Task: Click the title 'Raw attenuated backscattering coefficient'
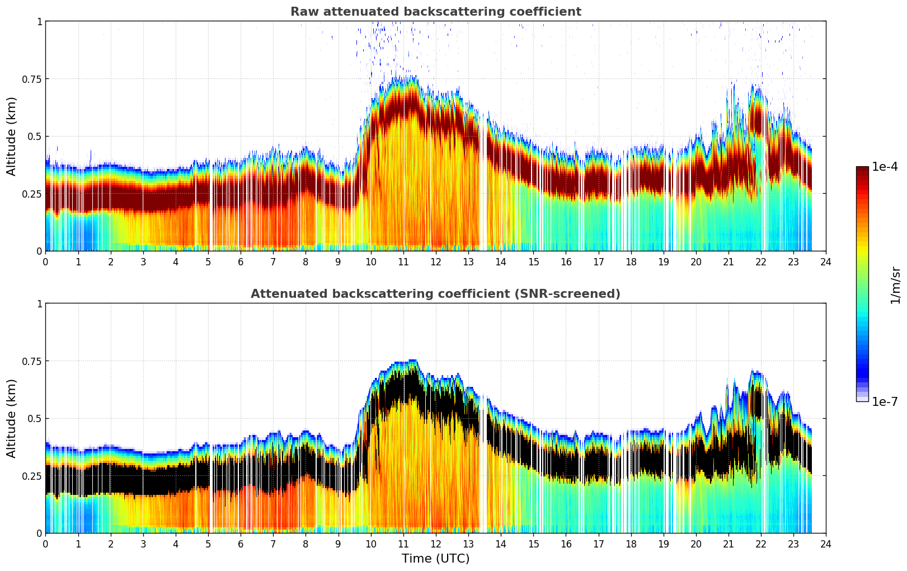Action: tap(435, 12)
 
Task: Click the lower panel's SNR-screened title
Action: tap(435, 294)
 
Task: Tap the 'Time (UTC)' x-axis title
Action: tap(435, 559)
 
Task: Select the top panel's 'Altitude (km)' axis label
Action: tap(12, 136)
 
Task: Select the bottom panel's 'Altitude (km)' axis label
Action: tap(12, 418)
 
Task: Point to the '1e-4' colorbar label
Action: tap(885, 167)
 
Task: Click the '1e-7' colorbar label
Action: tap(885, 402)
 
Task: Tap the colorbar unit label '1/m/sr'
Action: tap(895, 285)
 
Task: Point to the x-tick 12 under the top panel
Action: tap(436, 261)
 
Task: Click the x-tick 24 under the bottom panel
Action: tap(826, 544)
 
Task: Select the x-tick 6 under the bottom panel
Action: tap(241, 544)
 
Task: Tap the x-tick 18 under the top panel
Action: tap(631, 261)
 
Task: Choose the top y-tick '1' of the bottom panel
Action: tap(39, 304)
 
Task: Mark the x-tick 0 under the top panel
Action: tap(45, 261)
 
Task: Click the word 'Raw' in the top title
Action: tap(303, 12)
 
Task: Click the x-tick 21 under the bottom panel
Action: tap(729, 544)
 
